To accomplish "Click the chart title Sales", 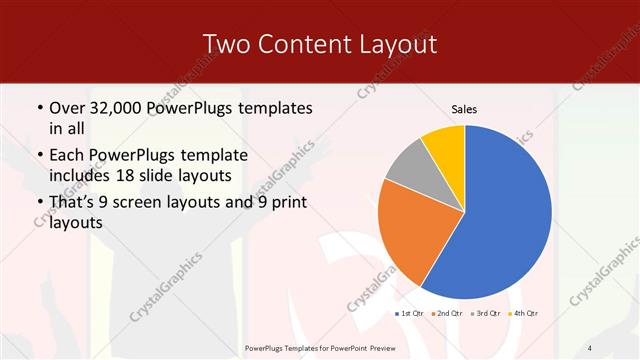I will click(464, 108).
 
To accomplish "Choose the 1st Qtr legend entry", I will click(411, 313).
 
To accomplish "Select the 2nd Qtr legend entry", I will click(448, 313).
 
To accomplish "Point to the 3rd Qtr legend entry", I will click(486, 313).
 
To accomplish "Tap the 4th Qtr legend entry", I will click(523, 313).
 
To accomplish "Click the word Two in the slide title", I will click(228, 44).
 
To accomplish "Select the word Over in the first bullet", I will click(68, 107).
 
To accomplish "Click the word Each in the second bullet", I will click(68, 155).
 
